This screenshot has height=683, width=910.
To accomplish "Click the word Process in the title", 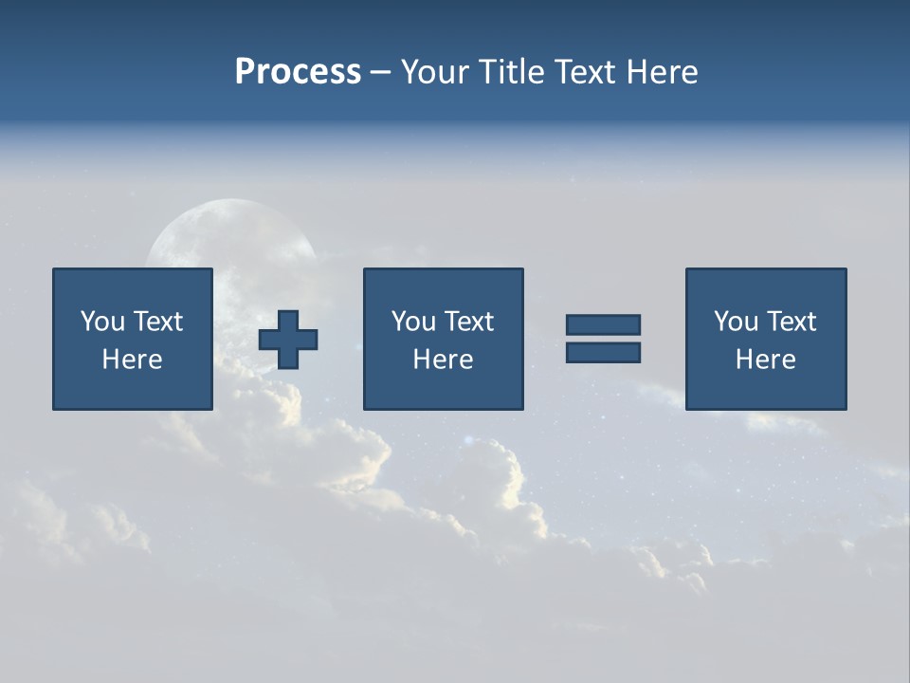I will pyautogui.click(x=298, y=72).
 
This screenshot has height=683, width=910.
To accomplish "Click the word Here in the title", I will pyautogui.click(x=661, y=72).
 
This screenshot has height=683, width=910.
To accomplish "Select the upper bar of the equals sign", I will pyautogui.click(x=603, y=324).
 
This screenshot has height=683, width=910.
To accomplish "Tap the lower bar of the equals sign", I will pyautogui.click(x=603, y=352).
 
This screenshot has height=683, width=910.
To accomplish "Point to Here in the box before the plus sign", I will pyautogui.click(x=132, y=360).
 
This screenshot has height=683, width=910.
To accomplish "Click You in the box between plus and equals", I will pyautogui.click(x=414, y=322).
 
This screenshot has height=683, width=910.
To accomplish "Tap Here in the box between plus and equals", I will pyautogui.click(x=443, y=360).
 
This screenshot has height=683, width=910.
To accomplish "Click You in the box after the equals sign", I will pyautogui.click(x=737, y=322).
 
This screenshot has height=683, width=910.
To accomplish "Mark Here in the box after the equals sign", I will pyautogui.click(x=765, y=360).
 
